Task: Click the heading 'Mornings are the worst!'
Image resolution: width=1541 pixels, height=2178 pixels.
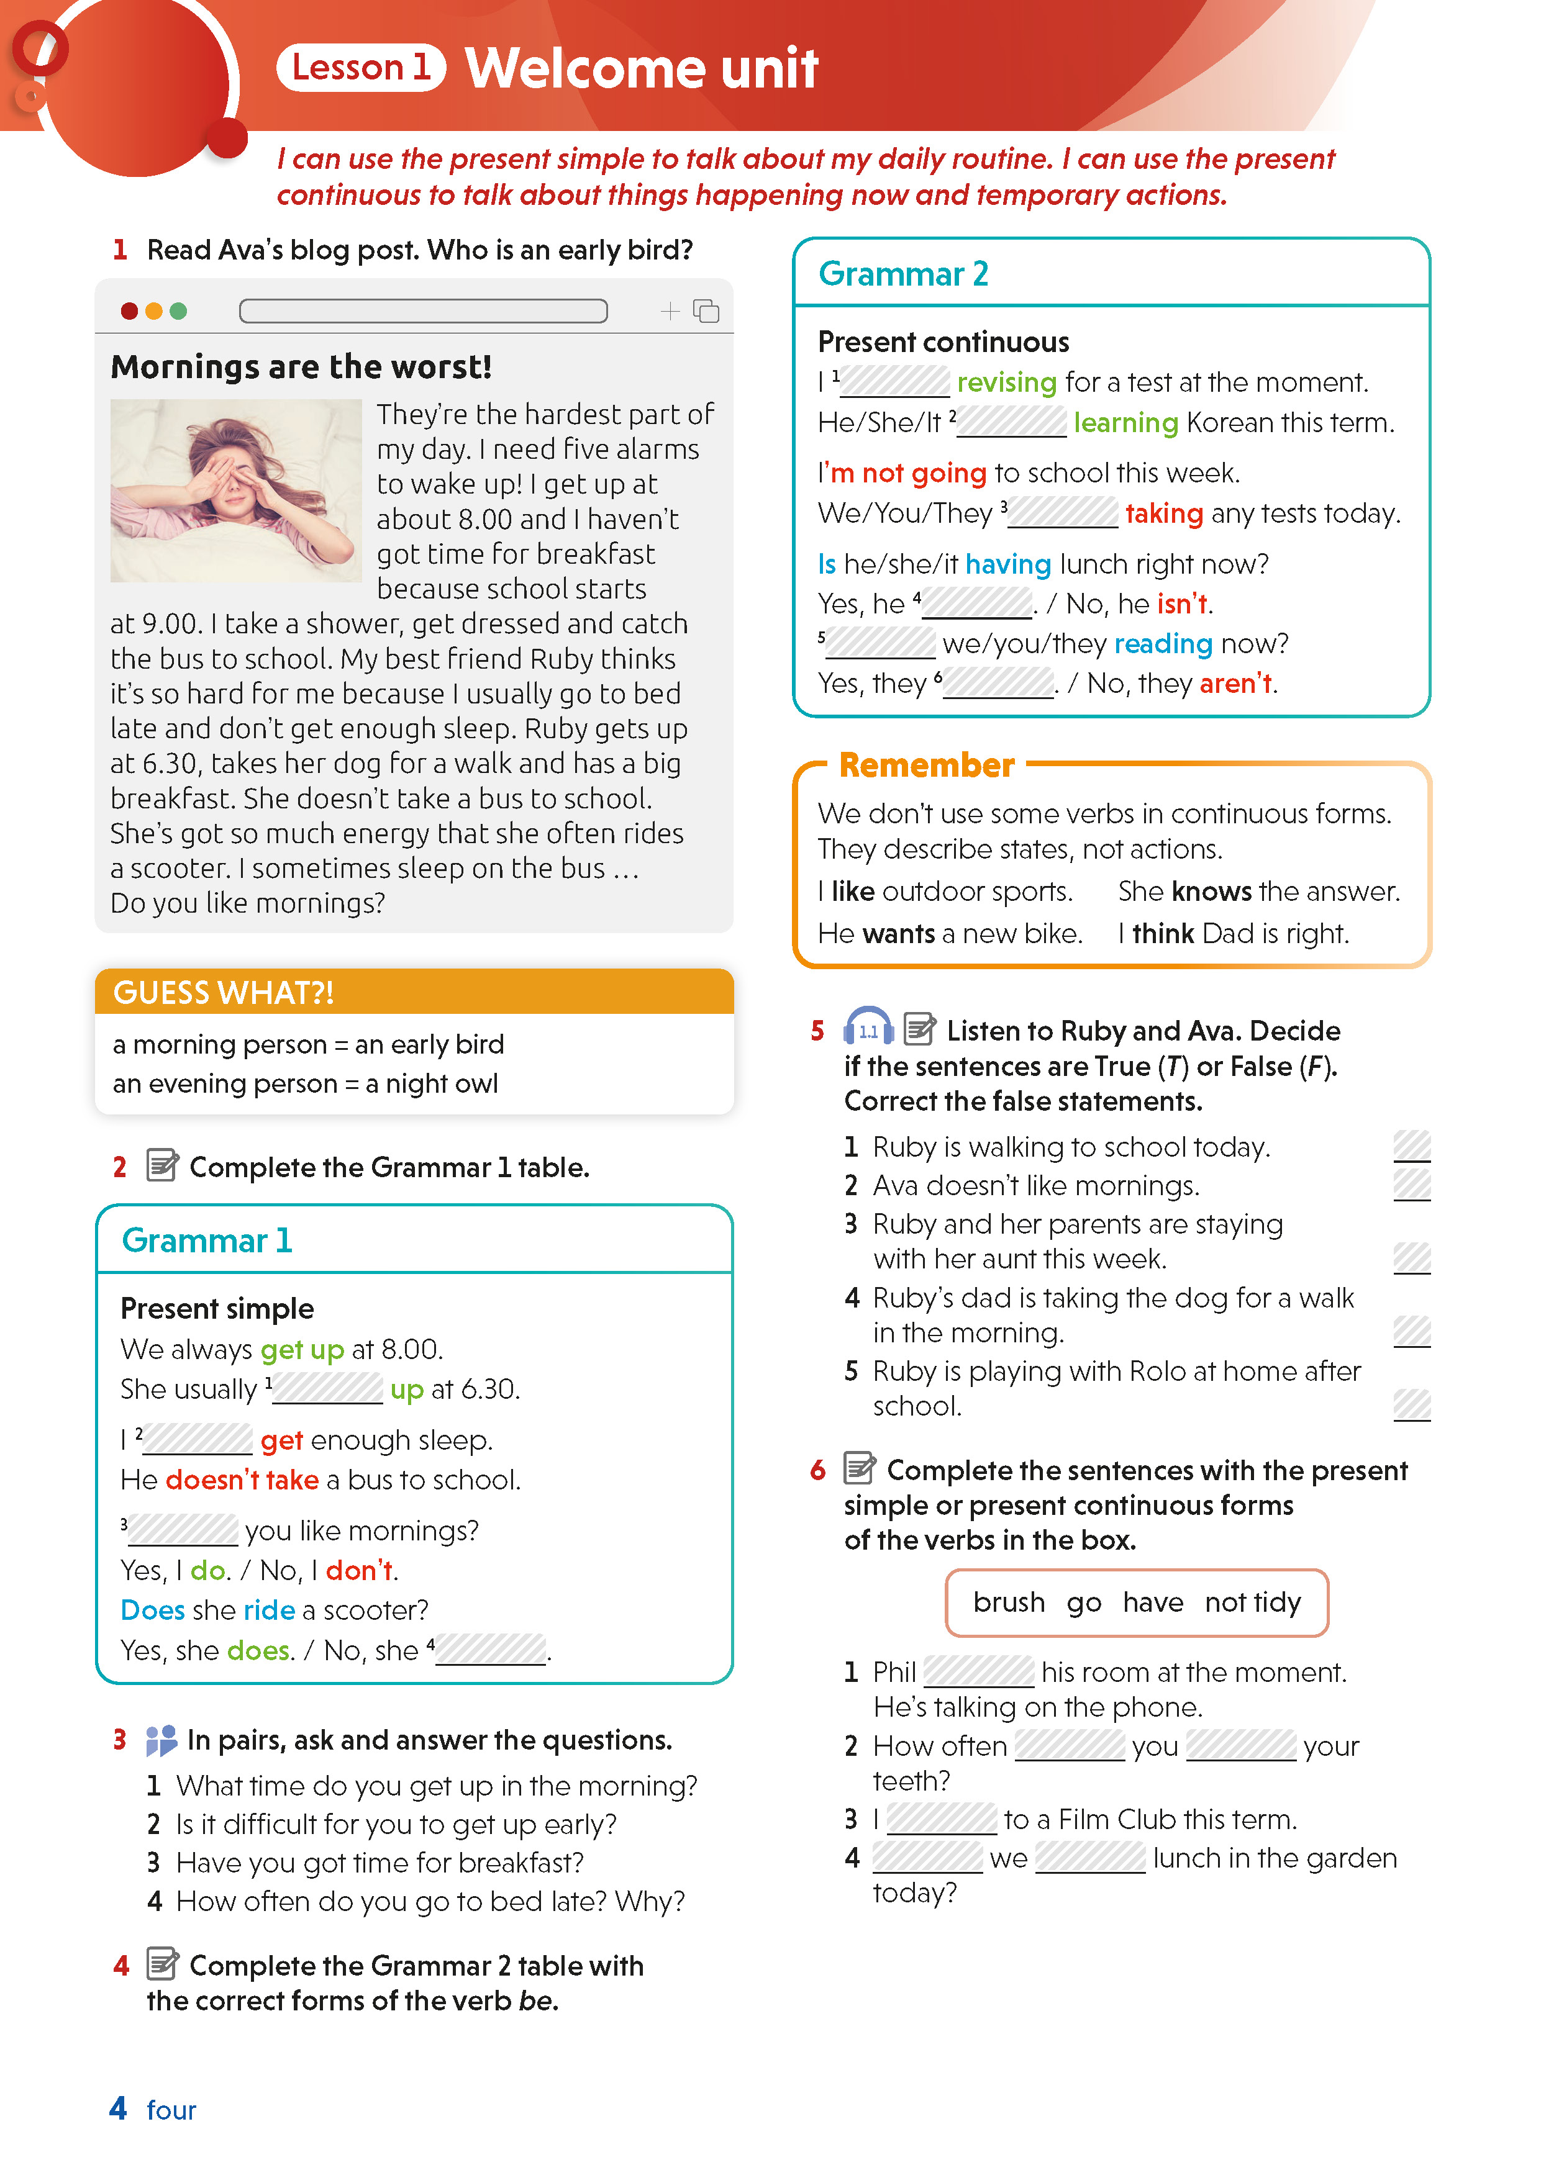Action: pyautogui.click(x=301, y=367)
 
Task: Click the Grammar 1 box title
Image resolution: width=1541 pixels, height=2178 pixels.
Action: pyautogui.click(x=207, y=1240)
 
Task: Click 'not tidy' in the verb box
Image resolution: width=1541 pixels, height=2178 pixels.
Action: pyautogui.click(x=1253, y=1602)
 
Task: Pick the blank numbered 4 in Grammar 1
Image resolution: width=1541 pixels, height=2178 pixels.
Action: pyautogui.click(x=491, y=1650)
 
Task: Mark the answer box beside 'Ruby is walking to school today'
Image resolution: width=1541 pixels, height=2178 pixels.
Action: pyautogui.click(x=1411, y=1146)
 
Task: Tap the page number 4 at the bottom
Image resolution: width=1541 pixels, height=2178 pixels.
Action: pyautogui.click(x=117, y=2108)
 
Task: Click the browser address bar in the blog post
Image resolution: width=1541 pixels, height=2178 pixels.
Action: pyautogui.click(x=423, y=311)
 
